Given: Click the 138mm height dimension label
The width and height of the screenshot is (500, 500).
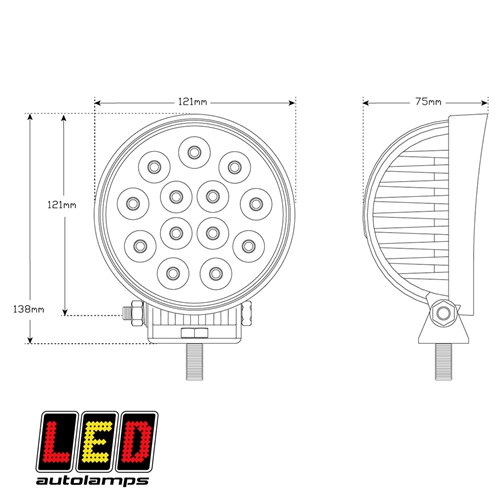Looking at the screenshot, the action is point(29,309).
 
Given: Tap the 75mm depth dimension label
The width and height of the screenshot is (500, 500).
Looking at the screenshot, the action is point(428,101).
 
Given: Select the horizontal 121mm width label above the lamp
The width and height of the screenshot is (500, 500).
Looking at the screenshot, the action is point(193,101).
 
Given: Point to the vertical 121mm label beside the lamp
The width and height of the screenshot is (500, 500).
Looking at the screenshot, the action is point(62,205).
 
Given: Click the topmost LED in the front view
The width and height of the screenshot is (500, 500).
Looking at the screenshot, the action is point(194,153).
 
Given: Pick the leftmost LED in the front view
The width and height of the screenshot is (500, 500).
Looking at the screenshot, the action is point(133,204).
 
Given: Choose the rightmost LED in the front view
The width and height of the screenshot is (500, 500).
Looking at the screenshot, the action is point(256,204).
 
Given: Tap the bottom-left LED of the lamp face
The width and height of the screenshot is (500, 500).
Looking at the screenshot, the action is point(173,274).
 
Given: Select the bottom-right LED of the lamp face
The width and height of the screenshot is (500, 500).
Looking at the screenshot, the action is point(216,274).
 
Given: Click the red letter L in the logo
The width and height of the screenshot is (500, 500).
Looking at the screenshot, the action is point(57,442).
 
